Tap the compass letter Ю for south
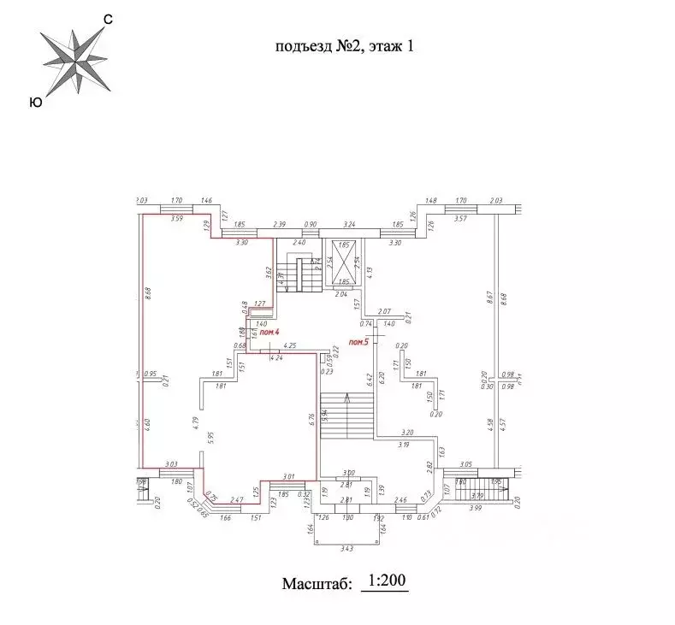(x=35, y=102)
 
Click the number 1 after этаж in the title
(x=410, y=48)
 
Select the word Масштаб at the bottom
(x=317, y=585)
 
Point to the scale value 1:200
(x=385, y=581)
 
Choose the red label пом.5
(x=358, y=343)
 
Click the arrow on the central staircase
(x=347, y=398)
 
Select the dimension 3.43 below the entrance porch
(x=346, y=547)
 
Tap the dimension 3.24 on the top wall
(x=348, y=224)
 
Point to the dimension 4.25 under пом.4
(x=289, y=346)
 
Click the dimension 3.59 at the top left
(x=177, y=220)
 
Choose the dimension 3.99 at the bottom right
(x=476, y=509)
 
